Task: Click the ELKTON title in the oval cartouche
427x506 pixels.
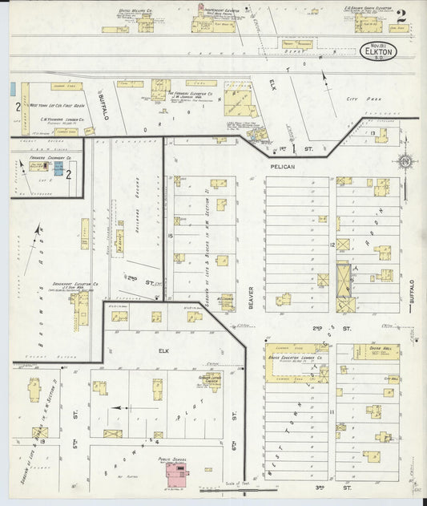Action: pyautogui.click(x=376, y=55)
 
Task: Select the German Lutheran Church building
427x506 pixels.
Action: pyautogui.click(x=211, y=382)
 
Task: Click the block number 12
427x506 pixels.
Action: pyautogui.click(x=331, y=243)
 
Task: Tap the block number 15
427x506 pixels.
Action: pyautogui.click(x=171, y=236)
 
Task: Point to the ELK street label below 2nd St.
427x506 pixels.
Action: pyautogui.click(x=164, y=350)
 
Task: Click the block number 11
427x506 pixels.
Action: pyautogui.click(x=331, y=411)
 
